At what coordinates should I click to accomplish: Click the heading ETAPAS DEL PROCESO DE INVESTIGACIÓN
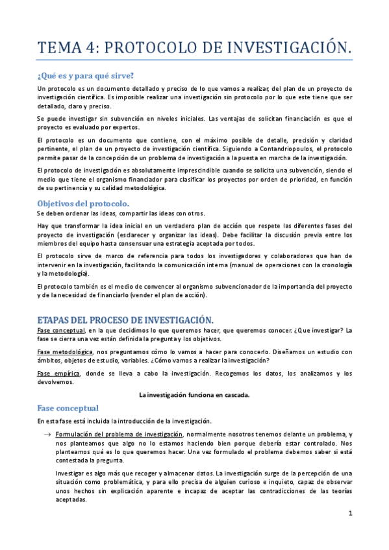click(125, 320)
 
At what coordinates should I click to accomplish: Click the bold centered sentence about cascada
click(195, 394)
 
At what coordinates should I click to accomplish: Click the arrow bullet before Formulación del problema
click(47, 434)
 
